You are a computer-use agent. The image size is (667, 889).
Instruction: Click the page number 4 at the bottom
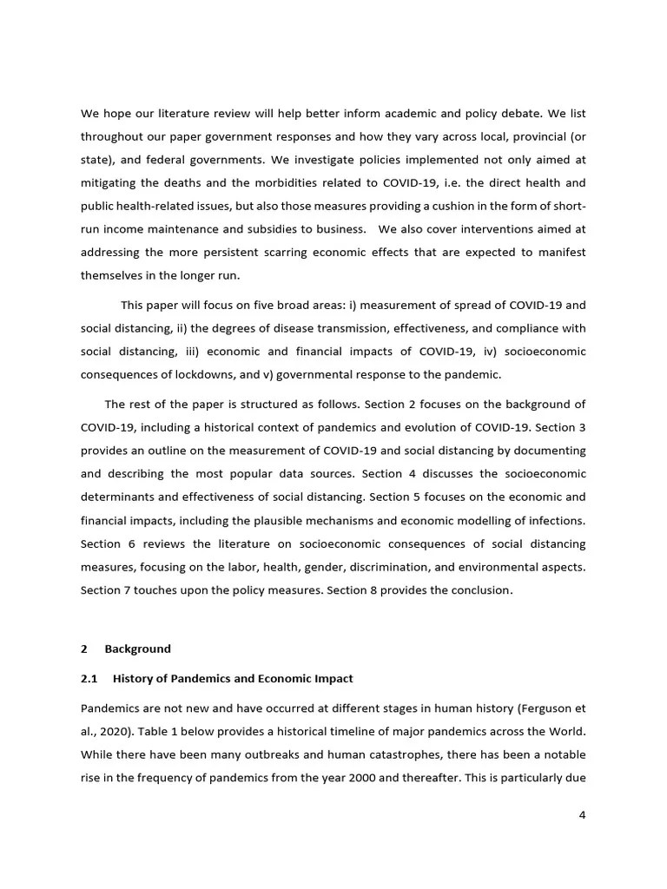pyautogui.click(x=583, y=814)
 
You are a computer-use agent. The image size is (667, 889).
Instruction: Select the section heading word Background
pyautogui.click(x=137, y=649)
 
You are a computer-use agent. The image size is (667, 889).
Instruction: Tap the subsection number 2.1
pyautogui.click(x=89, y=678)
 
